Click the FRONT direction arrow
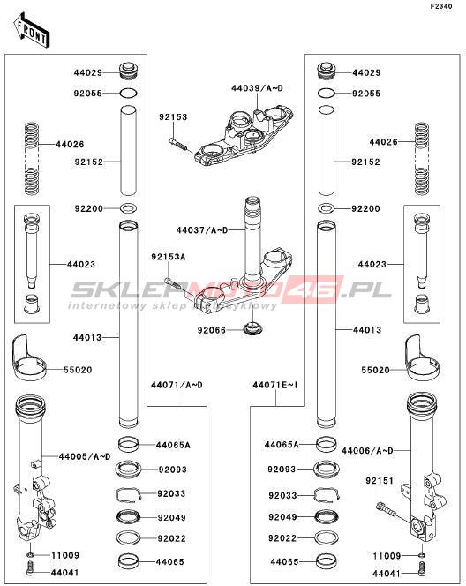tap(32, 30)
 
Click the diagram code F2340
tap(441, 6)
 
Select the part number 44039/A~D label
tap(257, 88)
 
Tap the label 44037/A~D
tap(202, 230)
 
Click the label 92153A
tap(169, 257)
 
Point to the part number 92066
tap(212, 330)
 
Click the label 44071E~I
tap(275, 385)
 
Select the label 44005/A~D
tap(85, 456)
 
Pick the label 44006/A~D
tap(367, 451)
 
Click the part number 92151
tap(380, 481)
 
